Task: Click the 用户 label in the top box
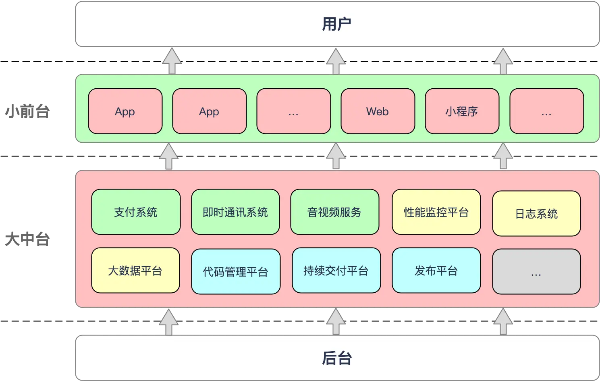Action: click(x=337, y=24)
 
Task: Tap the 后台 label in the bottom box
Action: click(x=337, y=358)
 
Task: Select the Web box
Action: click(x=378, y=111)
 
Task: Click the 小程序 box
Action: click(x=462, y=111)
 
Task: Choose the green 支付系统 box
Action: click(x=136, y=212)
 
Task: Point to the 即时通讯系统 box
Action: click(x=235, y=212)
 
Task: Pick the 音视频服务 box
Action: click(x=334, y=212)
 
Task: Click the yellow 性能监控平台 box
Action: click(x=436, y=212)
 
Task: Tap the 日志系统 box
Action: click(x=536, y=214)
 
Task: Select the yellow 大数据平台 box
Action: click(x=135, y=271)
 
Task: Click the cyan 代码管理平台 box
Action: click(x=236, y=272)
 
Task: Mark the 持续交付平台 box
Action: click(x=336, y=271)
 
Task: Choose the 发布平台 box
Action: click(x=436, y=271)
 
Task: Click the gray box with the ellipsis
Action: click(x=536, y=272)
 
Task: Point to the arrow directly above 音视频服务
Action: click(x=336, y=156)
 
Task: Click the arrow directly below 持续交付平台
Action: click(x=336, y=322)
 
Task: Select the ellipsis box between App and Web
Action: click(x=293, y=111)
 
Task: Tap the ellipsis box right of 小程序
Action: click(x=546, y=111)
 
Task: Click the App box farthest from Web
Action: click(x=125, y=111)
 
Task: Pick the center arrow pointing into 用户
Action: click(x=336, y=61)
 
